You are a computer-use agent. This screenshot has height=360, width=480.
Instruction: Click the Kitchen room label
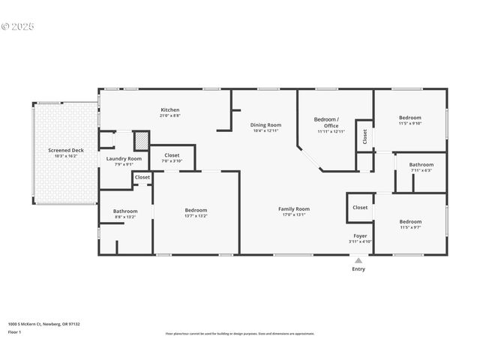click(x=169, y=110)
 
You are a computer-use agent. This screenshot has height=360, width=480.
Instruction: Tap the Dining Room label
click(x=265, y=124)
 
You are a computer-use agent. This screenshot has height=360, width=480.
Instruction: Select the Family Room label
click(x=294, y=208)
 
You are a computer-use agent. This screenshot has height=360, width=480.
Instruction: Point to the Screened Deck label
click(x=66, y=150)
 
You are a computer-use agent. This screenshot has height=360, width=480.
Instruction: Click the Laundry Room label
click(x=124, y=158)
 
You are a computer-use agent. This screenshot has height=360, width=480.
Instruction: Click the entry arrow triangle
click(x=358, y=261)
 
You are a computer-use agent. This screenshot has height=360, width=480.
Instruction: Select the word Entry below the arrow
click(x=358, y=269)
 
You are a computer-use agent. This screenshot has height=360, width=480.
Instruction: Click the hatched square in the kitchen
click(x=141, y=141)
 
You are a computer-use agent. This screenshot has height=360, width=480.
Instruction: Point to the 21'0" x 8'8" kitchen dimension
click(x=169, y=116)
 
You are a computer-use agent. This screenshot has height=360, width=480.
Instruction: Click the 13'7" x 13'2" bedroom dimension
click(x=196, y=216)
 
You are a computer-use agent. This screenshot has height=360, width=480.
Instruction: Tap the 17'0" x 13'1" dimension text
click(x=294, y=215)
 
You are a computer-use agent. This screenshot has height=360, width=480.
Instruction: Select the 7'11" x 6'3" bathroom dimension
click(x=421, y=170)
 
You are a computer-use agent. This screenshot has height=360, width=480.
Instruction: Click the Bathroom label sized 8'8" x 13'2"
click(x=125, y=211)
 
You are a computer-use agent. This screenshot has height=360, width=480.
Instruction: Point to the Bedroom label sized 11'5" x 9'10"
click(x=410, y=118)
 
